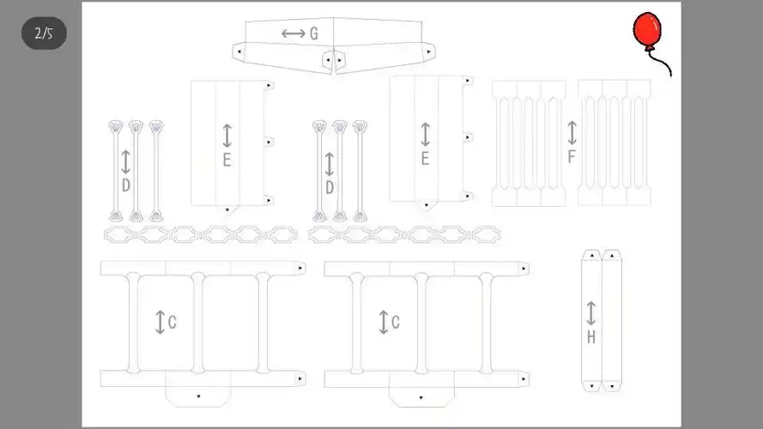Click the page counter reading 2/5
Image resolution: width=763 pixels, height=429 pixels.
coord(44,33)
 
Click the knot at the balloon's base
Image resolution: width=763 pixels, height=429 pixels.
coord(649,48)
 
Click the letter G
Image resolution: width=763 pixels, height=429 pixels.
coord(314,33)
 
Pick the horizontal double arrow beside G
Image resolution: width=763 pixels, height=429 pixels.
coord(294,33)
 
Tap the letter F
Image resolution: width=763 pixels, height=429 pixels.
coord(572,157)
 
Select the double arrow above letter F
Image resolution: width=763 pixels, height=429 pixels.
coord(572,133)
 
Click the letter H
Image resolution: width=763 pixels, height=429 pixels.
coord(591,336)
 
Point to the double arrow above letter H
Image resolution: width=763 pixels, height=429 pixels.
coord(590,313)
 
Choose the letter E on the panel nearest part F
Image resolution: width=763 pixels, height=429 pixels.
coord(426,159)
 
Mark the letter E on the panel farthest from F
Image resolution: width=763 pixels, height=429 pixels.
coord(227,160)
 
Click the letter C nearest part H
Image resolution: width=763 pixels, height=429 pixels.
coord(396,322)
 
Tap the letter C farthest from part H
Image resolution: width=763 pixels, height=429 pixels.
coord(173,322)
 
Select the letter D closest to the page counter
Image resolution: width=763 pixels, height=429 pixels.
coord(126,185)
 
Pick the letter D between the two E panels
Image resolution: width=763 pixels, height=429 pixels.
coord(330,187)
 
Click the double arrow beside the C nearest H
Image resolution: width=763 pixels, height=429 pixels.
coord(384,322)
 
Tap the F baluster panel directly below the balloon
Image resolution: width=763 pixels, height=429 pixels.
coord(615,143)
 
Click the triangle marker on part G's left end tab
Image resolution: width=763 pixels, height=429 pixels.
coord(239,51)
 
